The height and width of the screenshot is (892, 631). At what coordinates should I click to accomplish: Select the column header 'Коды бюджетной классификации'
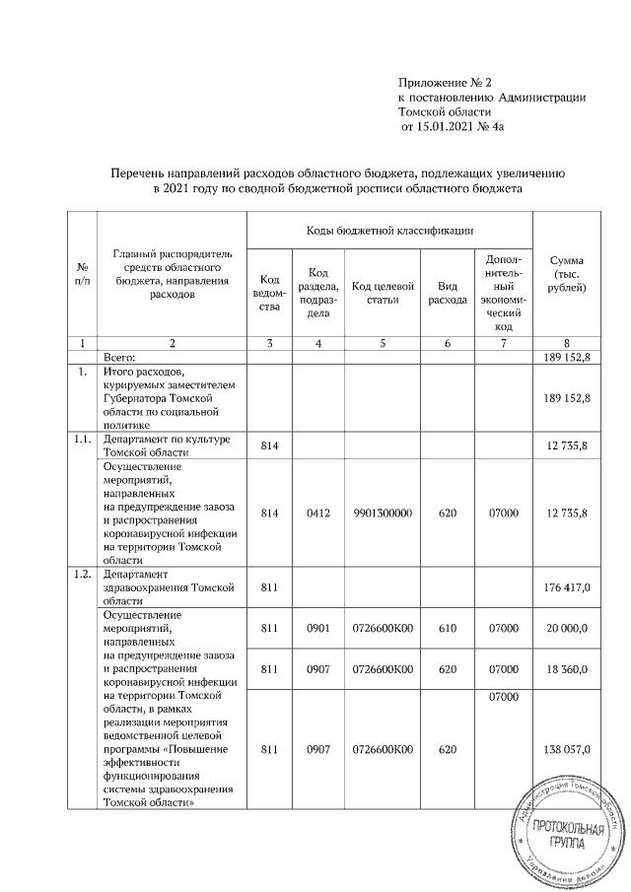[388, 229]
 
